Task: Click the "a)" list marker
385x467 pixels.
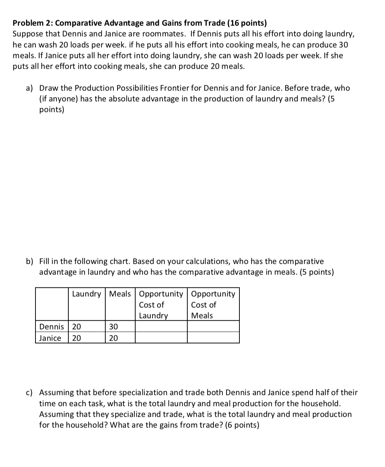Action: (29, 88)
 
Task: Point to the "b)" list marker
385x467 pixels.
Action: (29, 262)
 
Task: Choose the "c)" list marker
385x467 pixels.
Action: (29, 392)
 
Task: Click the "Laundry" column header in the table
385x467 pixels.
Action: (86, 294)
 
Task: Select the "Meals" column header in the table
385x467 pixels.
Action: (120, 294)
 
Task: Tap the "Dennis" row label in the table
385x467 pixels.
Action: (51, 327)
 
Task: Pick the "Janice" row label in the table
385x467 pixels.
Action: (50, 338)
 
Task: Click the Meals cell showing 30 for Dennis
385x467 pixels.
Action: (113, 327)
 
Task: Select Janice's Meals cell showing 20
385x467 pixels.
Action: (113, 338)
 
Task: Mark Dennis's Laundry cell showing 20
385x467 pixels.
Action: (76, 327)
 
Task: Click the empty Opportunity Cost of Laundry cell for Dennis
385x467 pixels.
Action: (161, 327)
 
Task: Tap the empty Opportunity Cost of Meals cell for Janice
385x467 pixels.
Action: (213, 338)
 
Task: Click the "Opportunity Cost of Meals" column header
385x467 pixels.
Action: (213, 304)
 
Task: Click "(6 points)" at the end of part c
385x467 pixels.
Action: (242, 425)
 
